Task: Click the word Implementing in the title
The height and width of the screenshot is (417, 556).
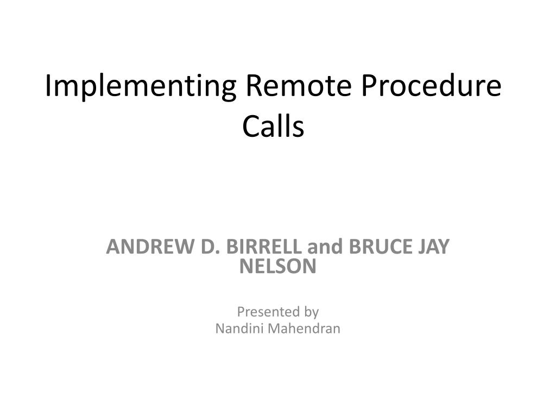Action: (x=141, y=87)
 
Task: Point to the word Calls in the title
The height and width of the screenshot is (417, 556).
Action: (x=273, y=126)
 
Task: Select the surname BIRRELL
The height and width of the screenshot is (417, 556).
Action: (x=263, y=247)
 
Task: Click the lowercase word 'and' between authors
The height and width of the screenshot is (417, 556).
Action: (x=325, y=247)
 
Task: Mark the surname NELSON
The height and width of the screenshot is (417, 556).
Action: (x=277, y=266)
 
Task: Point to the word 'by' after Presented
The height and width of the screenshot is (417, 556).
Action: (x=311, y=313)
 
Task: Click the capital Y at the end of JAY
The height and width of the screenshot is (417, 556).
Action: (x=444, y=247)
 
